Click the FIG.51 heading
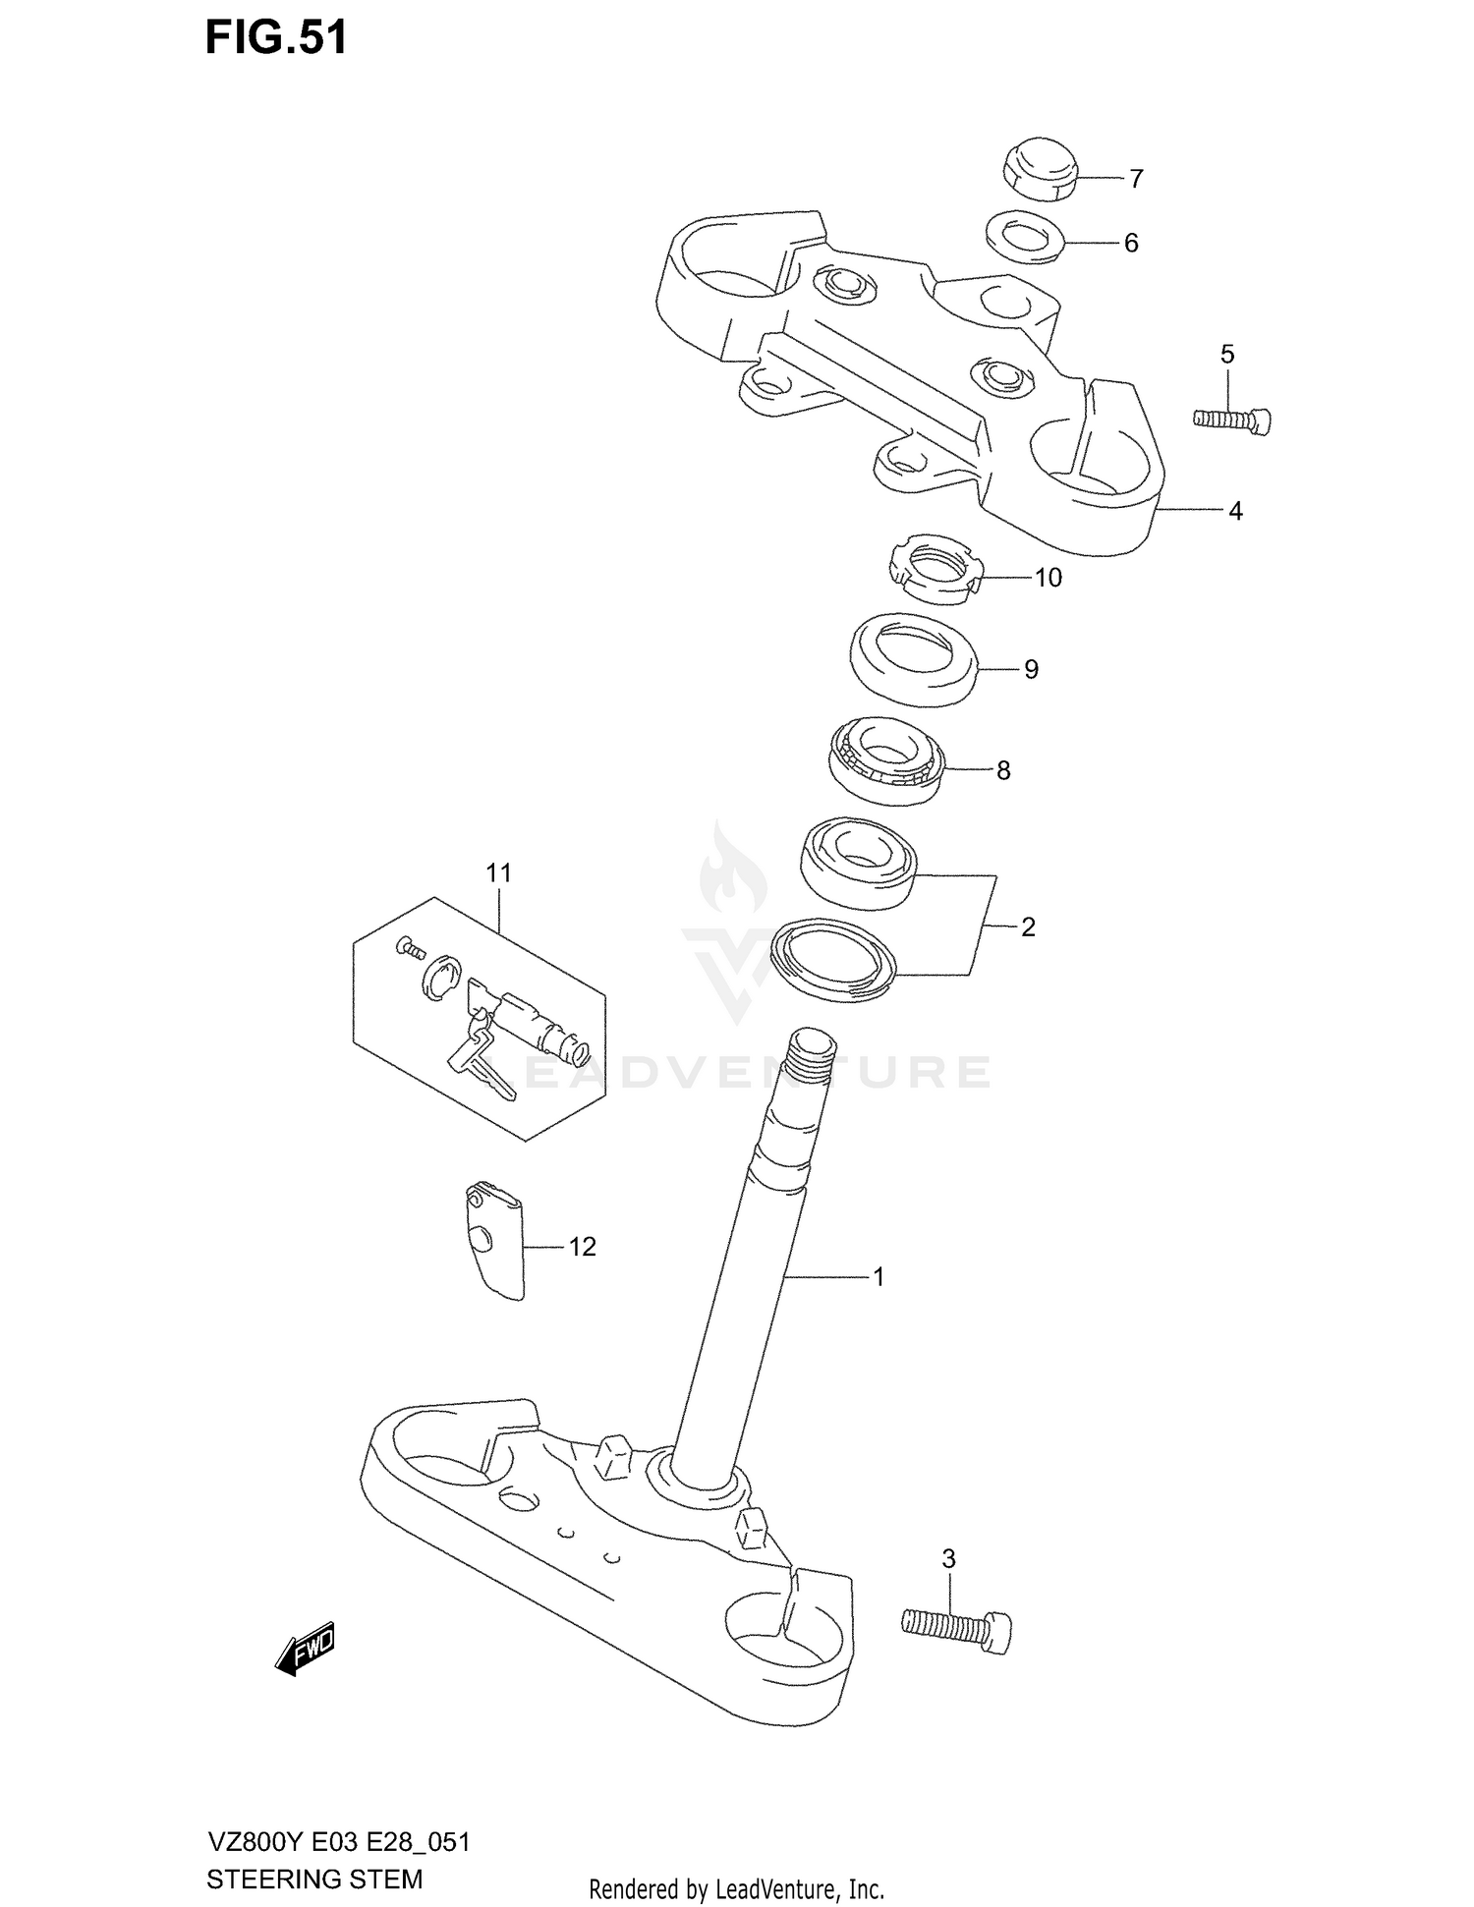tap(276, 37)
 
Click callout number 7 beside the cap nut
tap(1136, 179)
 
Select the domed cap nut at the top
tap(1040, 170)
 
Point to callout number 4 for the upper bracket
tap(1235, 511)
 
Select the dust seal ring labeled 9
tap(913, 658)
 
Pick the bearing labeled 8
tap(885, 760)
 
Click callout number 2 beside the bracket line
tap(1028, 926)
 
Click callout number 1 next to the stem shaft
tap(879, 1276)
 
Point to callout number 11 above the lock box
tap(498, 872)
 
